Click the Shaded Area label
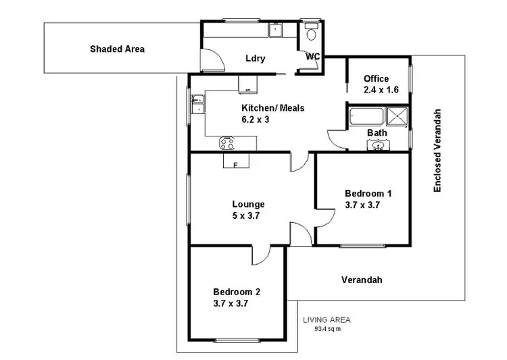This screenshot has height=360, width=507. (x=118, y=49)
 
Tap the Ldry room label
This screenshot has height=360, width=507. (x=255, y=58)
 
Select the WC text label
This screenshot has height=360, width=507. (x=312, y=57)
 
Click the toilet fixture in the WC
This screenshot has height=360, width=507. (x=312, y=34)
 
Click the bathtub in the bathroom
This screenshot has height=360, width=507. (x=368, y=115)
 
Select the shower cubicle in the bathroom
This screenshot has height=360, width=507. (x=399, y=115)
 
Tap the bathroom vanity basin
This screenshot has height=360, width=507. (x=379, y=145)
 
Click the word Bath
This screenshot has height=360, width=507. (x=377, y=132)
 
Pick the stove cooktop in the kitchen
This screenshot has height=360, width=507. (x=227, y=143)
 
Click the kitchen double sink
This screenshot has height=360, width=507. (x=197, y=104)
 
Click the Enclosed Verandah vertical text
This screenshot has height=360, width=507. (x=437, y=150)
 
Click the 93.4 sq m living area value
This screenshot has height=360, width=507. (x=327, y=329)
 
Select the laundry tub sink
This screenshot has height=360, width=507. (x=276, y=29)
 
